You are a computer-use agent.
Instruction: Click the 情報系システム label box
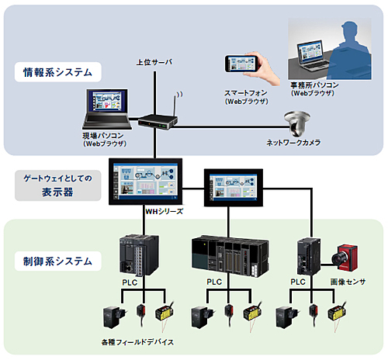pos(58,72)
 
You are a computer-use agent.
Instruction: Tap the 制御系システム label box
pos(58,261)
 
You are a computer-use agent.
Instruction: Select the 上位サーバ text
pos(154,62)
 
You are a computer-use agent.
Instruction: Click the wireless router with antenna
pos(158,117)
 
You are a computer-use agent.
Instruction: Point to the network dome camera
pos(296,123)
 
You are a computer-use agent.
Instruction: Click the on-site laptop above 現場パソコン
pos(107,109)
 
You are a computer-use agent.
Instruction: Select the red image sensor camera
pos(345,258)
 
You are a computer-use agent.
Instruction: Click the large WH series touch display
pos(146,182)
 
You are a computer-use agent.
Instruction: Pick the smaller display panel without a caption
pos(234,188)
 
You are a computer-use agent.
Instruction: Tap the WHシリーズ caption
pos(165,212)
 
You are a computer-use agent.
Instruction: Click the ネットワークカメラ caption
pos(293,143)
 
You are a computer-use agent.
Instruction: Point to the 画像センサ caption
pos(348,282)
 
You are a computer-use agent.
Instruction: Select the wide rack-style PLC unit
pos(230,255)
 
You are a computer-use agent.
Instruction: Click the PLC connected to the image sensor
pos(309,256)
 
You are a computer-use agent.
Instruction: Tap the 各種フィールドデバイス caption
pos(137,342)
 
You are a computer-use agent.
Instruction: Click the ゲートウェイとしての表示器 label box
pos(58,185)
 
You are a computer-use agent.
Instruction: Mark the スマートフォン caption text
pos(245,93)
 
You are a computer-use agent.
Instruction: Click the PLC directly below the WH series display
pos(139,254)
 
